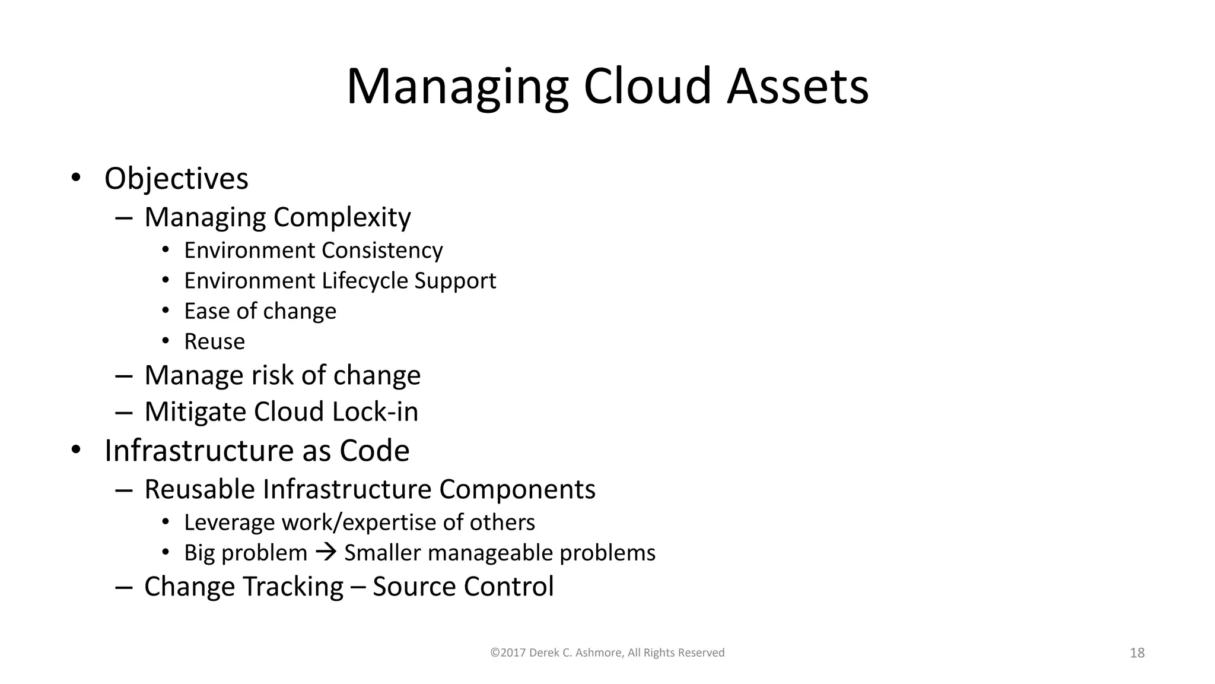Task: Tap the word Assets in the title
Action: (797, 86)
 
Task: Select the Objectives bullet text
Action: (176, 178)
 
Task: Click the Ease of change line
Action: (260, 311)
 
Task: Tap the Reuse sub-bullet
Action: (214, 341)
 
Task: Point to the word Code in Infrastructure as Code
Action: (374, 451)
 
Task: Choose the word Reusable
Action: (199, 489)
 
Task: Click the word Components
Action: (517, 489)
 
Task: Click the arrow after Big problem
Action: (326, 553)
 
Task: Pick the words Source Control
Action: (463, 587)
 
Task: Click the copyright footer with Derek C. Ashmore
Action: (607, 653)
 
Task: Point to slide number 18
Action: (1137, 653)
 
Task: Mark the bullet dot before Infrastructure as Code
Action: (75, 450)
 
